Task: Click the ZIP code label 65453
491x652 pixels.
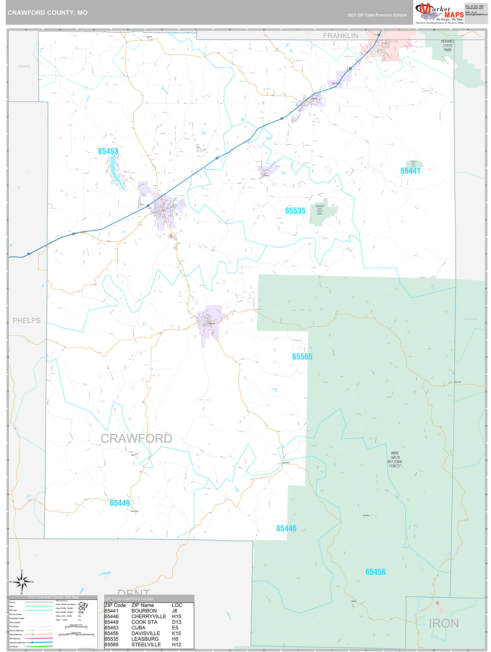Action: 108,151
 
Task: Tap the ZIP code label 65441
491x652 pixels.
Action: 410,171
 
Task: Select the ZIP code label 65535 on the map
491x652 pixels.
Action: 295,211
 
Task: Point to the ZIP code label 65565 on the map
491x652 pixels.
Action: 302,357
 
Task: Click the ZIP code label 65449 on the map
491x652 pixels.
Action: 119,503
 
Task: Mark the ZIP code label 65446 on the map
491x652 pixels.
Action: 286,528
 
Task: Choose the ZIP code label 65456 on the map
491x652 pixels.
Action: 375,572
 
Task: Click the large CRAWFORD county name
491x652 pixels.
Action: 136,439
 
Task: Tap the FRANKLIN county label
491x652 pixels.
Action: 341,36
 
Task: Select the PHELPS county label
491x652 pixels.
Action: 27,320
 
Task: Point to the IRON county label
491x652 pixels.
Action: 444,623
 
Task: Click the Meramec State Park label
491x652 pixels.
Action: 447,46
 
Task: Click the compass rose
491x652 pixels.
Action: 22,582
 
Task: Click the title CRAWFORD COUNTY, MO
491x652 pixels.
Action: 47,13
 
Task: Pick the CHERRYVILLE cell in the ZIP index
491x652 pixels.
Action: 149,616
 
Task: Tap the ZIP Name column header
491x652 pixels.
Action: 142,605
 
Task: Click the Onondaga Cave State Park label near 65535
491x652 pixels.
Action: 319,210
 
